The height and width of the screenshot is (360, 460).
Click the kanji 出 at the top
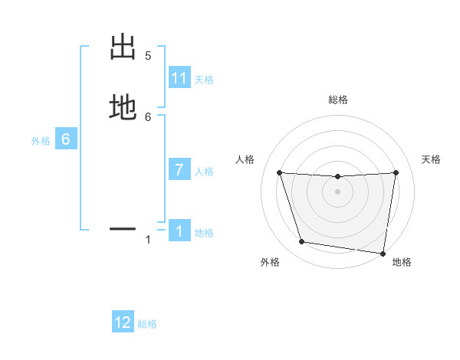[x=123, y=47]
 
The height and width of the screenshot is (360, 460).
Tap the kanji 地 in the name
[x=123, y=107]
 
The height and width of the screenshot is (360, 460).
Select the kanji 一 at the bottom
[x=123, y=227]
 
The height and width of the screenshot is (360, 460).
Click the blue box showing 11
[x=179, y=78]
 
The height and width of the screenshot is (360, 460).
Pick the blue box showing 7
[x=179, y=170]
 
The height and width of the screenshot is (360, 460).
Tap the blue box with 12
[x=123, y=322]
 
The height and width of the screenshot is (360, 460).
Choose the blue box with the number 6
[x=66, y=139]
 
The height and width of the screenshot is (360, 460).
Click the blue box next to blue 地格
[x=179, y=231]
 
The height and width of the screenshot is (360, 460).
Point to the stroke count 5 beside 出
[x=148, y=56]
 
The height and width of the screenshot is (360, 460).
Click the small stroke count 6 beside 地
[x=148, y=116]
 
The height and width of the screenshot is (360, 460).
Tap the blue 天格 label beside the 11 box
[x=204, y=80]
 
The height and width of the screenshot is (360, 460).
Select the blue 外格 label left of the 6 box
[x=41, y=141]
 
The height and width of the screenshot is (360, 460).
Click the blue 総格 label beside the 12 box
[x=147, y=324]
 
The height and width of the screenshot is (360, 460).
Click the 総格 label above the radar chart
[x=338, y=100]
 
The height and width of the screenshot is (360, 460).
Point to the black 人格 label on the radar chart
[x=245, y=159]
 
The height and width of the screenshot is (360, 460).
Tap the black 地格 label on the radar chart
[x=402, y=263]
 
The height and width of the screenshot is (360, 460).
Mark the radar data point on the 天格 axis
[x=396, y=172]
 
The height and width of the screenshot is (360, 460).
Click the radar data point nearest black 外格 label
[x=302, y=242]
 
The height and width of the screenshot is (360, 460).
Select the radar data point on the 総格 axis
[x=338, y=177]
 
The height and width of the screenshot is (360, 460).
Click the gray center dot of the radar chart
[x=338, y=191]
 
